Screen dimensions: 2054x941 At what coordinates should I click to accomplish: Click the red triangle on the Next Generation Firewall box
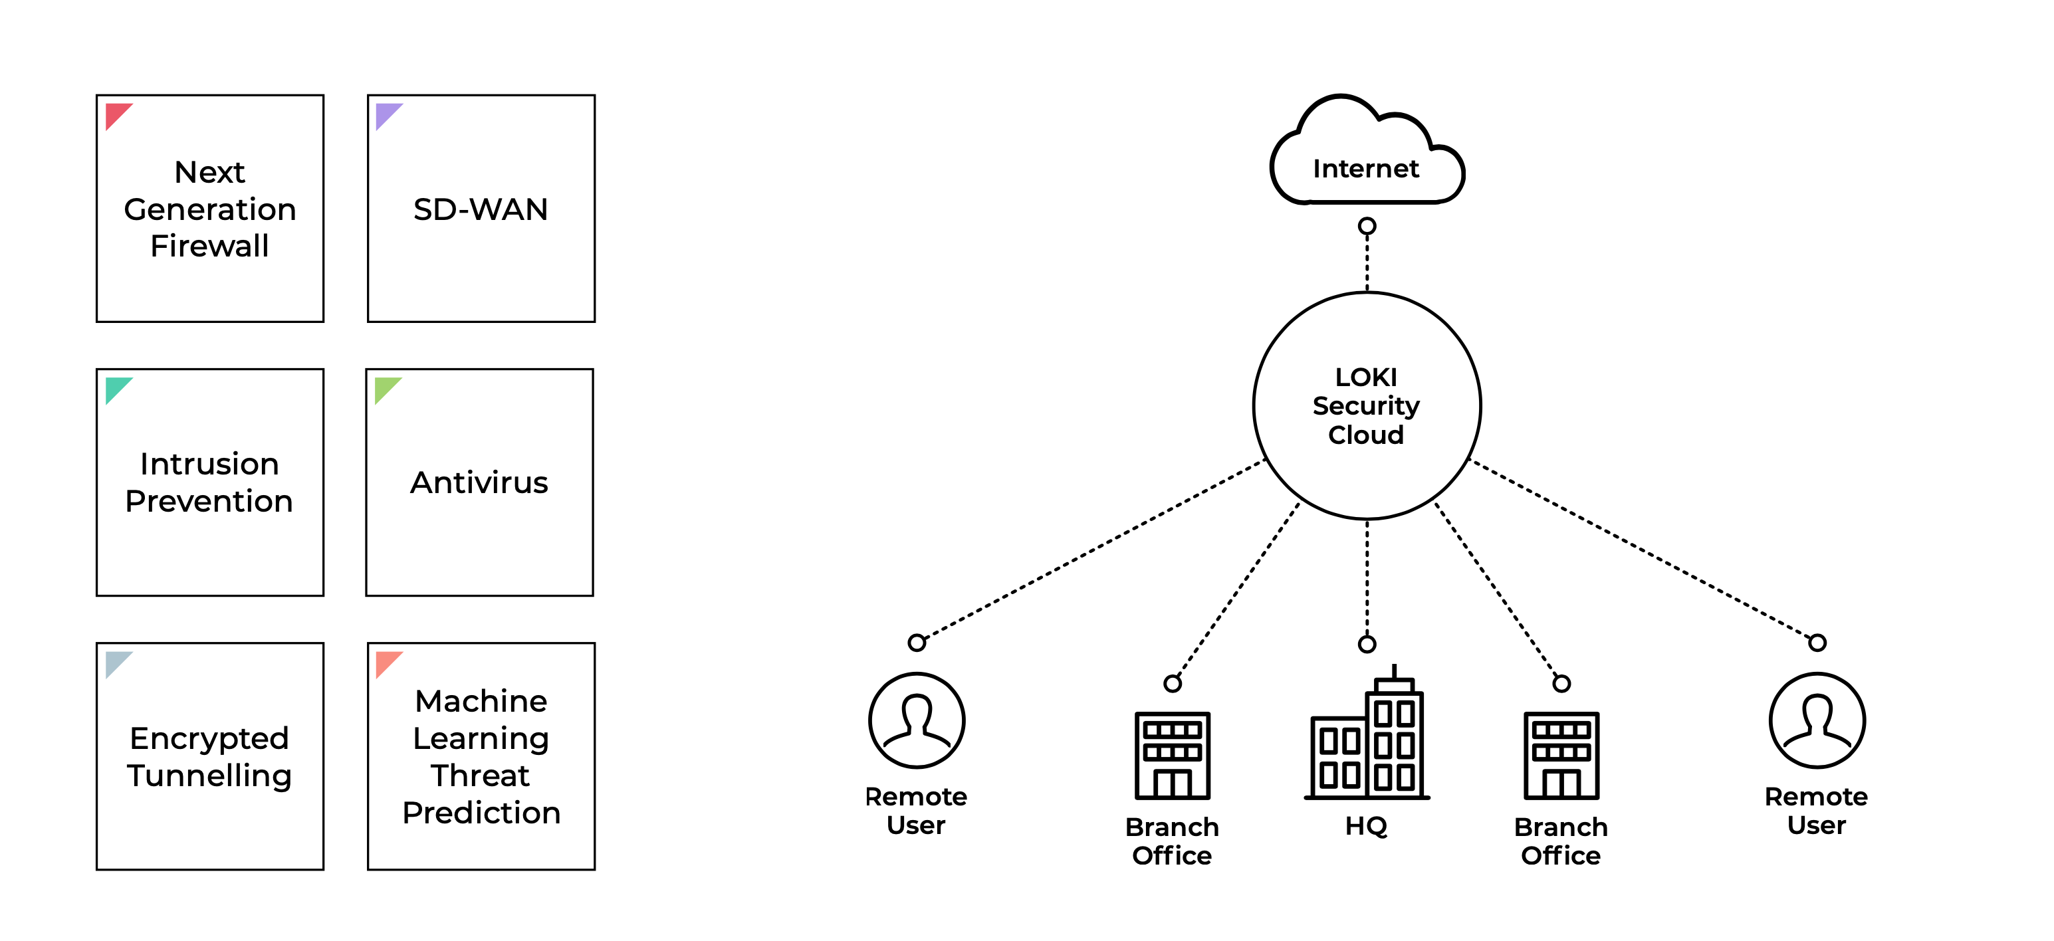click(x=116, y=113)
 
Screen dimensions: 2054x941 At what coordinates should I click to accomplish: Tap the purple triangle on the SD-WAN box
click(x=386, y=113)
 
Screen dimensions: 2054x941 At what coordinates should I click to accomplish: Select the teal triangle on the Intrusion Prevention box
click(x=116, y=387)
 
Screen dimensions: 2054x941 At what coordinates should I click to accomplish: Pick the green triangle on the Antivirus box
click(x=385, y=387)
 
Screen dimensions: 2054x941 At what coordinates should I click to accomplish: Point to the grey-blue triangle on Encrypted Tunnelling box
click(x=116, y=662)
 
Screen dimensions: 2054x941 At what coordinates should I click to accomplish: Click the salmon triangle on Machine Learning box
click(x=386, y=662)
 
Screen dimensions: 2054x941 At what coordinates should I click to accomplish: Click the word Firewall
click(x=209, y=246)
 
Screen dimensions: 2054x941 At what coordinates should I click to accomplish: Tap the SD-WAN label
click(x=481, y=209)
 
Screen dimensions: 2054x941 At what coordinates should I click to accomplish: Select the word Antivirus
click(x=479, y=482)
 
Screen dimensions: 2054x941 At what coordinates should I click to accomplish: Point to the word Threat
click(x=480, y=775)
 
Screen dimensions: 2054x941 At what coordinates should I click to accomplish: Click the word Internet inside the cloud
click(x=1366, y=168)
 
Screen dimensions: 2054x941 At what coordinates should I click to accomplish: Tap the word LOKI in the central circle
click(x=1366, y=376)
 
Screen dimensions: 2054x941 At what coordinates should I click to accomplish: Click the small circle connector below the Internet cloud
click(x=1367, y=227)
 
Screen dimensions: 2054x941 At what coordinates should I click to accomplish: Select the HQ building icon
click(x=1367, y=732)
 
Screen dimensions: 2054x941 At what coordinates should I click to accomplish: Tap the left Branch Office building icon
click(x=1172, y=755)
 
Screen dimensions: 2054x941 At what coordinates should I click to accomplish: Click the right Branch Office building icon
click(x=1561, y=755)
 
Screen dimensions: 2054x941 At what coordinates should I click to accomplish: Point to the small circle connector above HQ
click(x=1367, y=643)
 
